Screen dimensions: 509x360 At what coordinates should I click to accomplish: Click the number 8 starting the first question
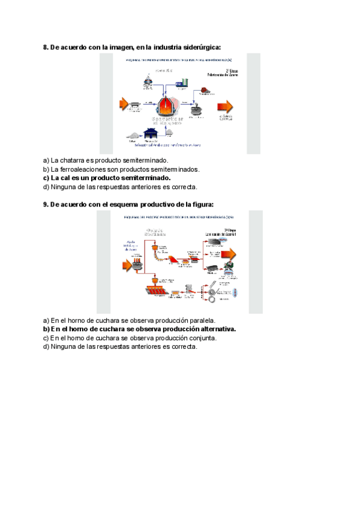point(46,47)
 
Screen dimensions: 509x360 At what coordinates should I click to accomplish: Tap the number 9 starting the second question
point(46,204)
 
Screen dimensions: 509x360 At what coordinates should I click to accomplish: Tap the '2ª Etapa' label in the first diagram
point(232,70)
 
